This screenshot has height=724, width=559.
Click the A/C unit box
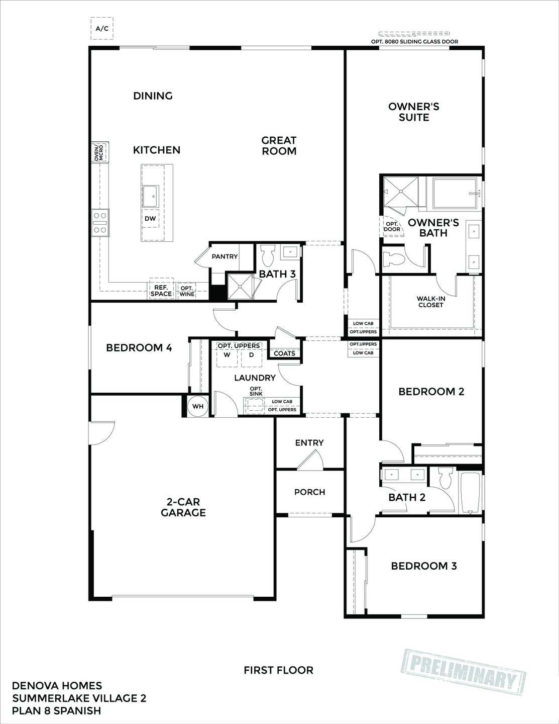point(101,29)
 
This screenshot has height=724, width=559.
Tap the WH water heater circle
point(198,406)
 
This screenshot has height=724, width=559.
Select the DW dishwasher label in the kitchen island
point(150,219)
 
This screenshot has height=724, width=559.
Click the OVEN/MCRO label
point(99,152)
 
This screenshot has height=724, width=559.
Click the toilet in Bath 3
point(268,255)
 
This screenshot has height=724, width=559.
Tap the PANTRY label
point(225,256)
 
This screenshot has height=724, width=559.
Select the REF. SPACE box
point(161,291)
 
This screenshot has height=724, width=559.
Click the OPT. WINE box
point(187,291)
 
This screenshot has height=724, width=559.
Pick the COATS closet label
point(285,353)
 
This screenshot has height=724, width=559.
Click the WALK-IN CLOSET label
point(431,302)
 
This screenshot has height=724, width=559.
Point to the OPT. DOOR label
point(392,227)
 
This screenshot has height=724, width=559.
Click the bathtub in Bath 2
point(471,493)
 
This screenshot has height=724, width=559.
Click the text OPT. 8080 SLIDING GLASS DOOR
point(414,42)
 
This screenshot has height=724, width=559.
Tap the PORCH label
point(309,492)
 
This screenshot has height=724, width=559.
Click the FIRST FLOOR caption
point(278,670)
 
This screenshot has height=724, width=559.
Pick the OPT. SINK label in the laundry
point(256,391)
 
